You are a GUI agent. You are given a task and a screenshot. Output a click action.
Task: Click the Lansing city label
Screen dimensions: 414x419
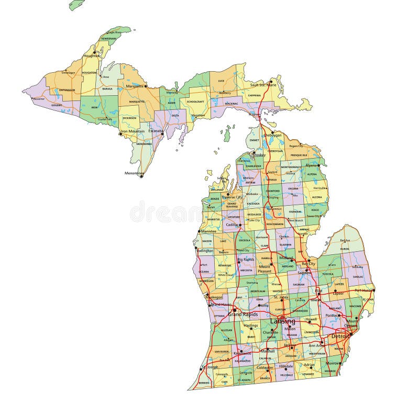[283, 321]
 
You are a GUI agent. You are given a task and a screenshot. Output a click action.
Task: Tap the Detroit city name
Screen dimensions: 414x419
[340, 335]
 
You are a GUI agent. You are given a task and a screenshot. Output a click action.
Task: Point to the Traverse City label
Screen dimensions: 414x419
[231, 197]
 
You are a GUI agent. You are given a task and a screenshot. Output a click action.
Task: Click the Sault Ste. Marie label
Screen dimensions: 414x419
[263, 84]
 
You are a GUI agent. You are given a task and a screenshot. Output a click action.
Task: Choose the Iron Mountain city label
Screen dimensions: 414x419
[133, 131]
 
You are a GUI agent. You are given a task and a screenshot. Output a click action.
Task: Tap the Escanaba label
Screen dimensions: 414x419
[156, 131]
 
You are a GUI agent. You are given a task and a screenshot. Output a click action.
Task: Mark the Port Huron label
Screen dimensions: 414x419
[364, 290]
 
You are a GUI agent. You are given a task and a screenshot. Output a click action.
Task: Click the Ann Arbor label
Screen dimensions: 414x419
[316, 345]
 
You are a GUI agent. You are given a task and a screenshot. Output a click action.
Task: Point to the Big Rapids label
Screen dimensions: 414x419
[246, 259]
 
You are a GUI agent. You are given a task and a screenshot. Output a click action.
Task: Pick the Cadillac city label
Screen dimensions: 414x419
[232, 224]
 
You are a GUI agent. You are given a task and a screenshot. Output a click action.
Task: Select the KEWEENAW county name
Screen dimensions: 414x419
[108, 39]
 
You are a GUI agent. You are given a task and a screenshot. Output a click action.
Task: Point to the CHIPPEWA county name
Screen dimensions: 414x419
[254, 96]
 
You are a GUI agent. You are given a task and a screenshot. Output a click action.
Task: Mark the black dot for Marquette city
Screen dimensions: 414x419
[146, 86]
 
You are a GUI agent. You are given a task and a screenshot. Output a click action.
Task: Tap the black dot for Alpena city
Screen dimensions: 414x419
[319, 165]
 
